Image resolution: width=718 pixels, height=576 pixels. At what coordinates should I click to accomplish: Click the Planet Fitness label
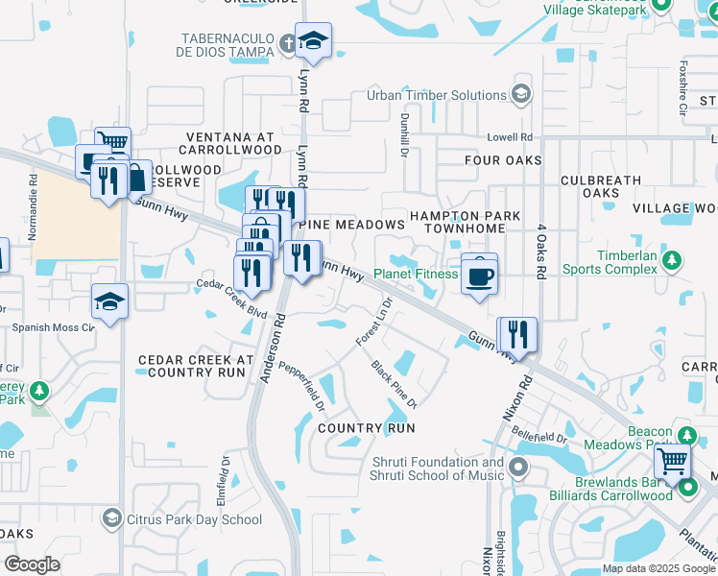pos(416,274)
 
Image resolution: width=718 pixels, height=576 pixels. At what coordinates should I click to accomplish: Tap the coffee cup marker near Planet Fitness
pos(479,276)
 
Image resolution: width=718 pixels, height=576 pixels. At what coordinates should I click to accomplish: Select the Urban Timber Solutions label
pos(436,95)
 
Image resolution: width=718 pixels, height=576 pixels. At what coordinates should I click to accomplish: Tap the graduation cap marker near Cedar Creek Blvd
pos(110,302)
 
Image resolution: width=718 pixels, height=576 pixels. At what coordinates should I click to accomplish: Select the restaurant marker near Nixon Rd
pos(518,335)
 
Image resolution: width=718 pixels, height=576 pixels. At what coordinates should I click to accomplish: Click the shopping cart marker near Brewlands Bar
pos(672,462)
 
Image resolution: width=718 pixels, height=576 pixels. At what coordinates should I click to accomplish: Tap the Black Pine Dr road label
pos(394,385)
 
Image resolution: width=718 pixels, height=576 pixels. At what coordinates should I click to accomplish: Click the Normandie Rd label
pos(33,206)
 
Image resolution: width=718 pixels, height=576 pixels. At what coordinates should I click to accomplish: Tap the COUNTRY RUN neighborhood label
pos(366,427)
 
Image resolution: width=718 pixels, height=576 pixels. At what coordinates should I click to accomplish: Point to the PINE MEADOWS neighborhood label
pos(352,225)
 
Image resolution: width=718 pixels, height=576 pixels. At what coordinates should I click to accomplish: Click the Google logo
pos(32,564)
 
